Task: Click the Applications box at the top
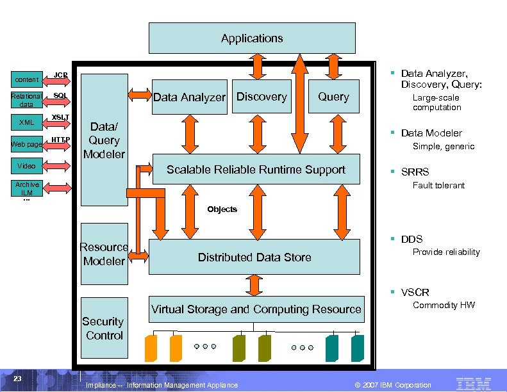[x=252, y=38]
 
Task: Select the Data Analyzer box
[x=189, y=97]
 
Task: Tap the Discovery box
[x=262, y=96]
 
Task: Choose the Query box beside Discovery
[x=333, y=96]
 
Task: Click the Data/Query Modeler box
[x=104, y=140]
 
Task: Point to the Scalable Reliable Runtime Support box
[x=256, y=170]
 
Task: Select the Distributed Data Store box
[x=254, y=257]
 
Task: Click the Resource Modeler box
[x=104, y=254]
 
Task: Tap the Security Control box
[x=104, y=328]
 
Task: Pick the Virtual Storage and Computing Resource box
[x=256, y=310]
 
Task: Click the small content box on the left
[x=26, y=80]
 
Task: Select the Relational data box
[x=26, y=100]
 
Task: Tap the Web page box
[x=26, y=145]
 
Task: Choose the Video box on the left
[x=26, y=166]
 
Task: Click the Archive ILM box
[x=26, y=188]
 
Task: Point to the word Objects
[x=222, y=209]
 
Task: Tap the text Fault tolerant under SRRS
[x=438, y=186]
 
